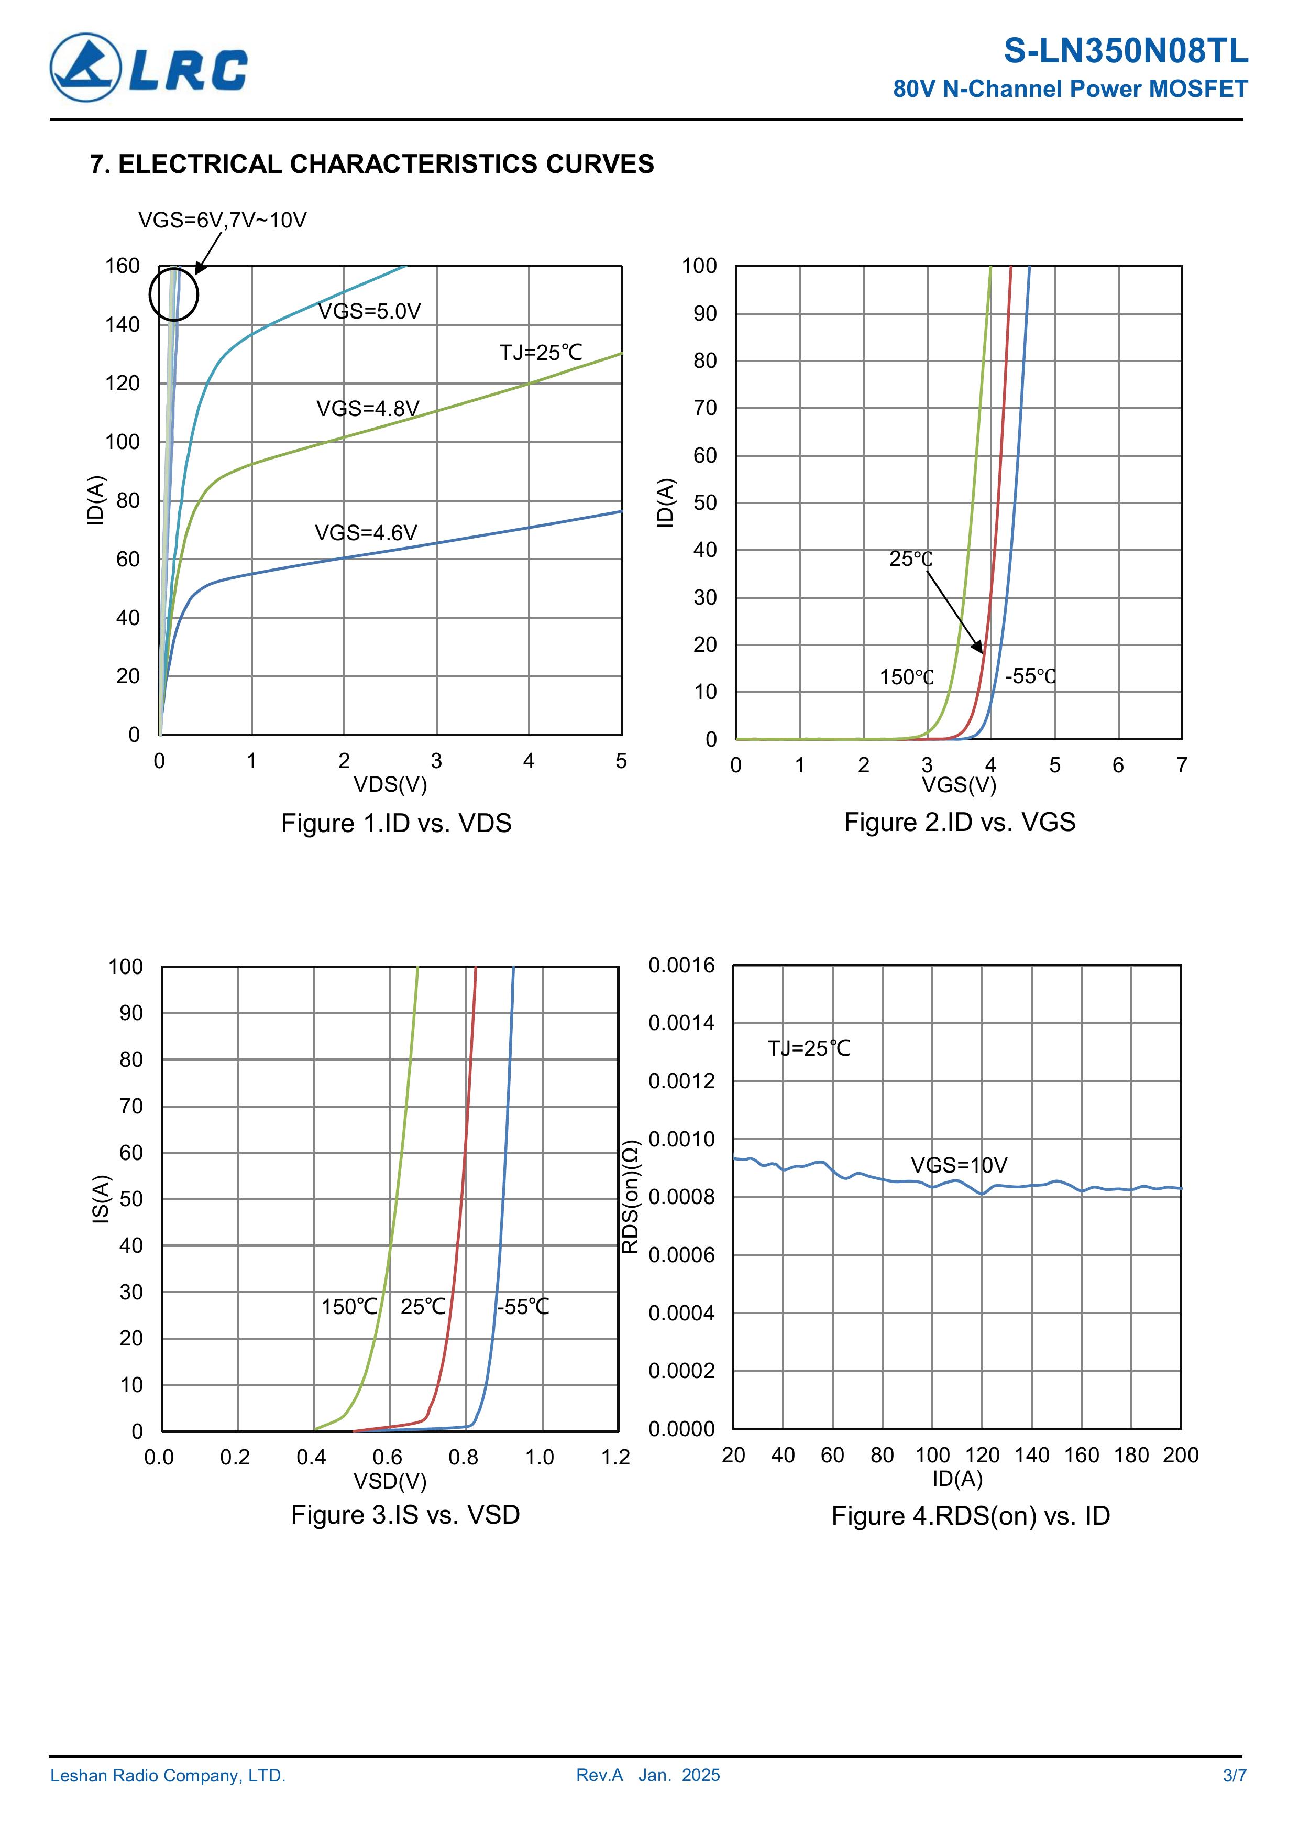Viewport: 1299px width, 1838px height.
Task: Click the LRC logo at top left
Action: (x=149, y=68)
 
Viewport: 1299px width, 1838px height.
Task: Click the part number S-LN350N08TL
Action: (x=1125, y=51)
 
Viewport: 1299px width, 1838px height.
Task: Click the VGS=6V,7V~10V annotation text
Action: (x=223, y=220)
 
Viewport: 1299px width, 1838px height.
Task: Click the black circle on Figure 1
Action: (x=174, y=294)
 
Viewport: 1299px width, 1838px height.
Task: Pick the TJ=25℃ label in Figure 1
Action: (x=540, y=353)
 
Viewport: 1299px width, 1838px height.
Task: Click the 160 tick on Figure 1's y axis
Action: (x=123, y=266)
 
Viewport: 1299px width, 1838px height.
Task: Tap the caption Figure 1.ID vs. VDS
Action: (x=395, y=823)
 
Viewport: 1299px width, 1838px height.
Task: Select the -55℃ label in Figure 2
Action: (x=1030, y=676)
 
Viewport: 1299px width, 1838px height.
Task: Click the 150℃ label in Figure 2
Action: (x=906, y=677)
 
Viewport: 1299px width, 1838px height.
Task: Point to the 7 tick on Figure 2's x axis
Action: (x=1181, y=765)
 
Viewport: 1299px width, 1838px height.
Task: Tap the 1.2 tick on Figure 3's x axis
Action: (x=615, y=1457)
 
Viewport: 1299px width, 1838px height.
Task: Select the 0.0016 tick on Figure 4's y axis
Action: (x=681, y=966)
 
